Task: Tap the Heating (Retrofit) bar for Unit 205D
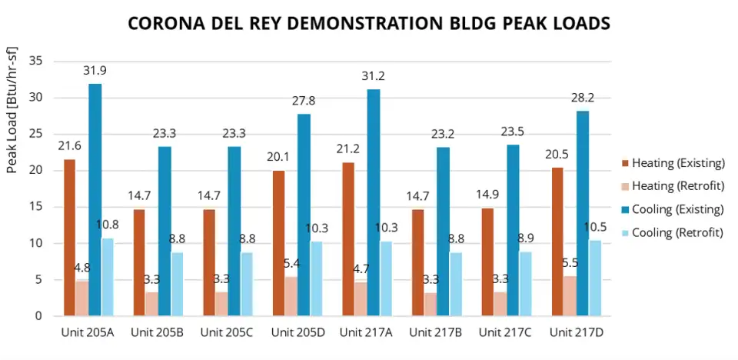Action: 291,296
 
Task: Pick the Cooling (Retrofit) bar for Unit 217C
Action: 525,284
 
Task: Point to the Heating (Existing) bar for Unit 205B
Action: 139,262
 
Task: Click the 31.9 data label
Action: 95,71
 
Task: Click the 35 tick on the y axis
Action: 36,61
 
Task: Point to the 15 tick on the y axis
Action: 36,207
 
